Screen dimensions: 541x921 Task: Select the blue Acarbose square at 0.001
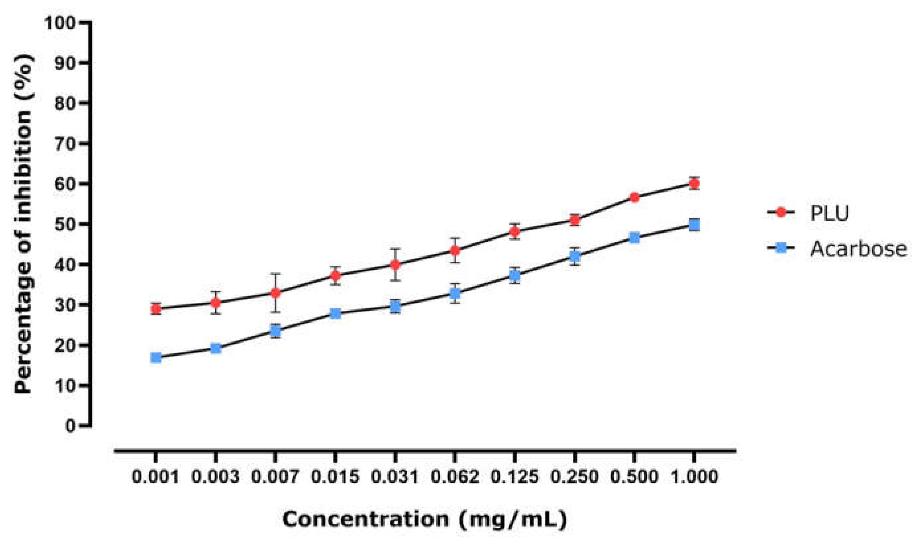pyautogui.click(x=156, y=357)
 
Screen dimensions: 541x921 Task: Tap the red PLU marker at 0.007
pyautogui.click(x=275, y=293)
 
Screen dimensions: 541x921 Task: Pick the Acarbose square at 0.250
pyautogui.click(x=574, y=256)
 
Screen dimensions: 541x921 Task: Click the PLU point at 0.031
pyautogui.click(x=395, y=264)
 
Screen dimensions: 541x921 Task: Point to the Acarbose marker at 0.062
pyautogui.click(x=455, y=293)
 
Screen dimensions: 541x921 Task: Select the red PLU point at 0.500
pyautogui.click(x=634, y=197)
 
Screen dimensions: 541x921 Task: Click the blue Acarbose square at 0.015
pyautogui.click(x=335, y=313)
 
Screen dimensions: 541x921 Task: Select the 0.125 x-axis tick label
pyautogui.click(x=514, y=477)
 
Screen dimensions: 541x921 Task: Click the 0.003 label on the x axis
pyautogui.click(x=216, y=477)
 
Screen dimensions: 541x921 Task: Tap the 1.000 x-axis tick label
pyautogui.click(x=694, y=477)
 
